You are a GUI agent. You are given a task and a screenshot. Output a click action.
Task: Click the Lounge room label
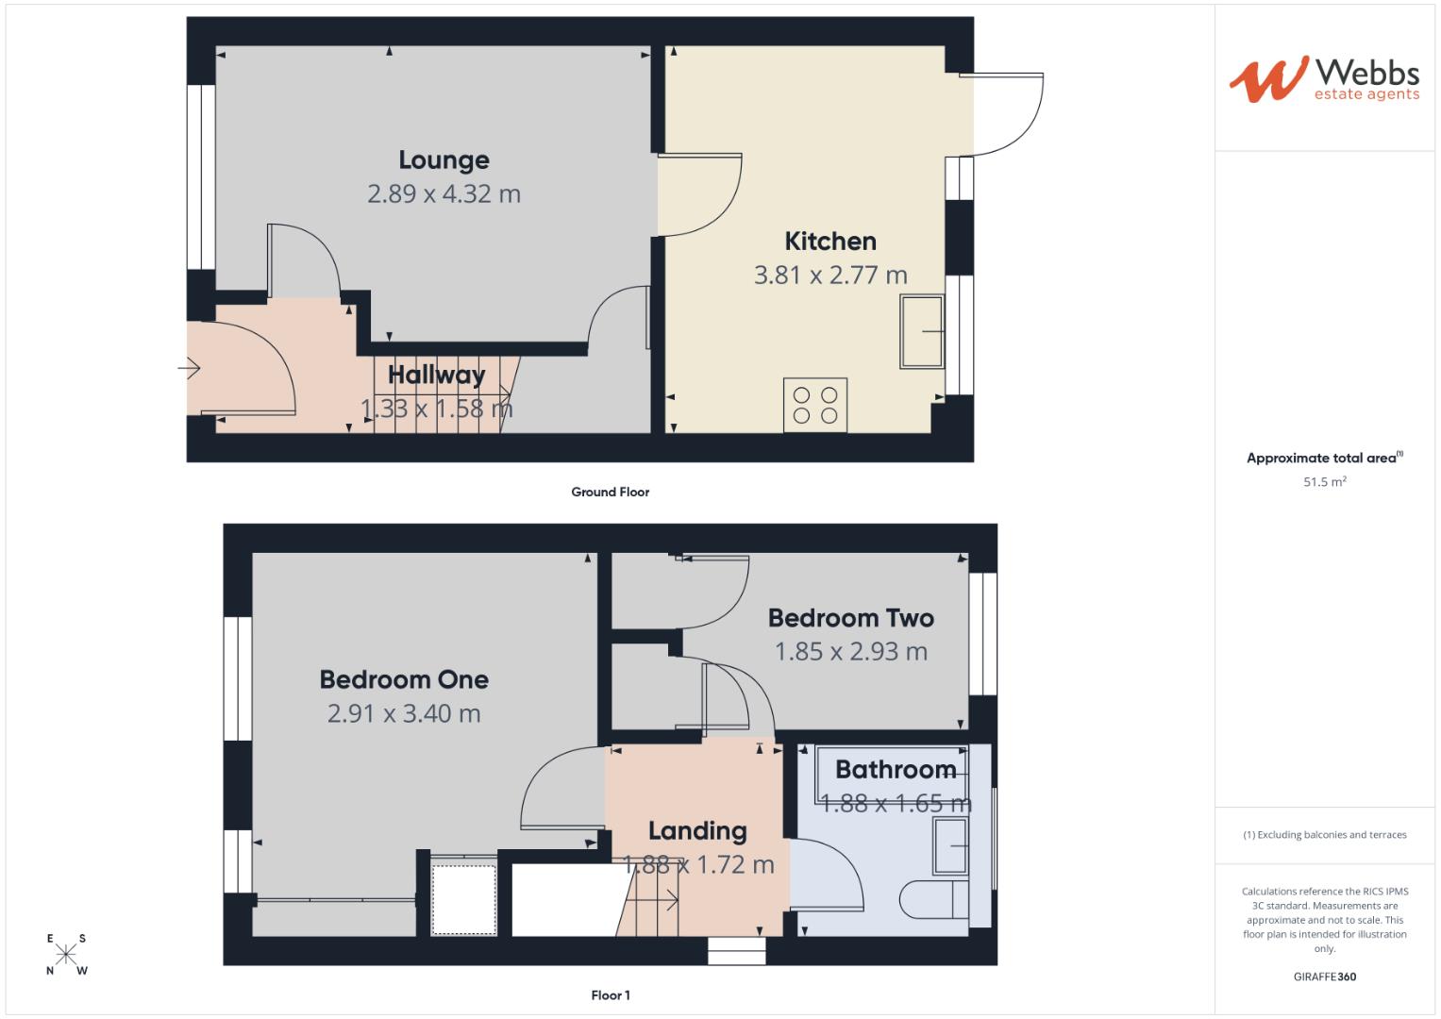(x=444, y=160)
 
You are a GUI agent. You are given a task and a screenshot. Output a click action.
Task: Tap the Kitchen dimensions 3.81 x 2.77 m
(x=830, y=276)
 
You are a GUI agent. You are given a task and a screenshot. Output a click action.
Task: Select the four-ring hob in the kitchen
(x=815, y=406)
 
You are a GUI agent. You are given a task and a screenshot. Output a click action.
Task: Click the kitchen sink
(x=922, y=331)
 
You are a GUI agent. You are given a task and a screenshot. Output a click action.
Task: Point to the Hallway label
(x=436, y=375)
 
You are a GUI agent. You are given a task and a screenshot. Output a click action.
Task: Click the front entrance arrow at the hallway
(x=190, y=368)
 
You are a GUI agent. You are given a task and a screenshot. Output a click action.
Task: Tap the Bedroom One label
(x=404, y=679)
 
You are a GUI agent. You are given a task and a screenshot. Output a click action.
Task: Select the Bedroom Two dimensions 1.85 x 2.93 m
(x=850, y=652)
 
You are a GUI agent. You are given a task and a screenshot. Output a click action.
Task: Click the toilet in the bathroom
(x=934, y=900)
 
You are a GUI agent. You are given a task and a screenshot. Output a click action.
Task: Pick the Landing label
(x=697, y=831)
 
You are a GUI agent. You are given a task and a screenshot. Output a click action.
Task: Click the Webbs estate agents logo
(x=1324, y=79)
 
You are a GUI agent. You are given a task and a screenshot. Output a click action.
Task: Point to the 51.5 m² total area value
(x=1324, y=482)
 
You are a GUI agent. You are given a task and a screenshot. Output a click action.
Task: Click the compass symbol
(x=66, y=955)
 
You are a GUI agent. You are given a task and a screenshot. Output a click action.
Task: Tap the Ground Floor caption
(x=610, y=492)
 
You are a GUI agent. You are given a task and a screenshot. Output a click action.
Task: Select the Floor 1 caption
(x=610, y=995)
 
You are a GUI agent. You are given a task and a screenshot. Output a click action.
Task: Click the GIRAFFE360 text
(x=1324, y=977)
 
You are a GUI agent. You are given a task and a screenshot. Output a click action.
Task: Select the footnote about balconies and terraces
(x=1324, y=835)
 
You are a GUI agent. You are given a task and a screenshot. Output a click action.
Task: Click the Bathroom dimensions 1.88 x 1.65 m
(x=896, y=804)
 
